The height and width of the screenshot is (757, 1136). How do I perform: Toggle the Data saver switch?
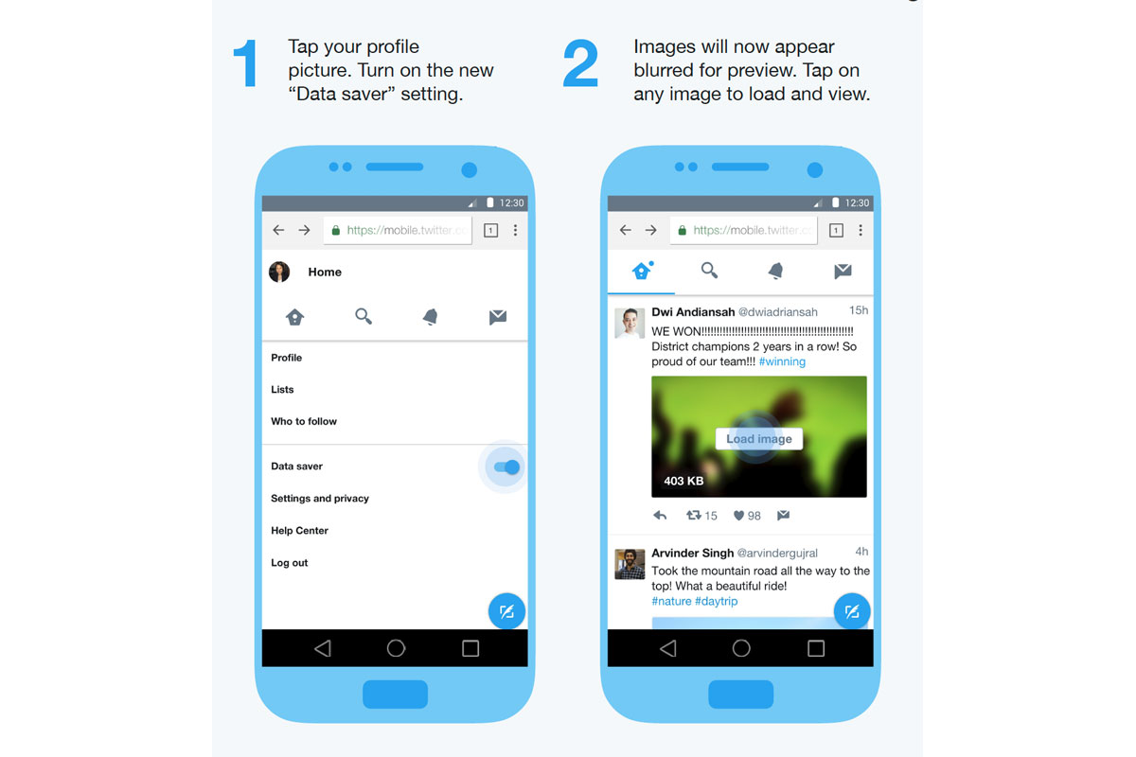(506, 467)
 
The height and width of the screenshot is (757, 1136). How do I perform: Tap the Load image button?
(758, 438)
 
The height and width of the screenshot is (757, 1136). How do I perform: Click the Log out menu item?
(289, 562)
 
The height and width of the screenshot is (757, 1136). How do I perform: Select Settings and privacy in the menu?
(320, 499)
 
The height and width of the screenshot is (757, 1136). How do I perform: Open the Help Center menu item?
(299, 530)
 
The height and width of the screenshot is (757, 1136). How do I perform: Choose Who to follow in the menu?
(304, 421)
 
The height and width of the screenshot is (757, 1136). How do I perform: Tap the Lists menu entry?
(282, 390)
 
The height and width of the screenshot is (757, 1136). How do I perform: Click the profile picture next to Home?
(279, 272)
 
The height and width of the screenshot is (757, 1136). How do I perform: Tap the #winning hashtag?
(782, 361)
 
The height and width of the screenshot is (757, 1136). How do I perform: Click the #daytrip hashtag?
(716, 601)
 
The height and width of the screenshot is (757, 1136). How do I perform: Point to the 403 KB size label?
(683, 481)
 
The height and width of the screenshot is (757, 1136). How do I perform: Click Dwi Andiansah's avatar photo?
(630, 323)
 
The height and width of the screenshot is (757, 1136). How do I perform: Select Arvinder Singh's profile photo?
(630, 564)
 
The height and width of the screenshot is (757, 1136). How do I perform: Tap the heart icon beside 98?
(739, 516)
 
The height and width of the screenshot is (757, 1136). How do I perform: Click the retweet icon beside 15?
(694, 515)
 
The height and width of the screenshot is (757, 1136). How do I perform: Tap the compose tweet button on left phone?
(506, 611)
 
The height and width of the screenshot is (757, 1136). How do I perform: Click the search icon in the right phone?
(709, 271)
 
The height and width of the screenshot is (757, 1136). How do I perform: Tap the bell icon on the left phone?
(430, 317)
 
